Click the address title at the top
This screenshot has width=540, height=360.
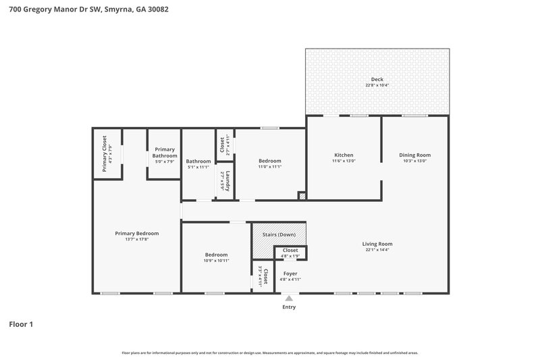84,9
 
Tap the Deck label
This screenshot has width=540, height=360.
377,80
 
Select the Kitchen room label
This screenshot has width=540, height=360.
343,155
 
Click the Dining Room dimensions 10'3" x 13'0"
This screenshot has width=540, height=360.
414,161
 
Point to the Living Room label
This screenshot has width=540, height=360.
377,244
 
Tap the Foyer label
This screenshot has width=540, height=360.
290,274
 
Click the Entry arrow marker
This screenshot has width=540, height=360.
290,297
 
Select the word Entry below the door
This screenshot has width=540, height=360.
290,307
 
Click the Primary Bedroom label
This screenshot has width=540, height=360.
136,233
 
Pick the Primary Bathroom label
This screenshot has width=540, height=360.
165,153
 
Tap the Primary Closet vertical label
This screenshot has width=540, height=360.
105,154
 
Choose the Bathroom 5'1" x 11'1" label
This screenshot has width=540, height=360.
198,163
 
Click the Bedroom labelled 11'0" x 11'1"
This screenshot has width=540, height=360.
270,163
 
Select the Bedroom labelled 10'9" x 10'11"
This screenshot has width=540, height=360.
216,257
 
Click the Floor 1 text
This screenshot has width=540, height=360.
21,324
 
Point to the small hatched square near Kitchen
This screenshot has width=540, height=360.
302,196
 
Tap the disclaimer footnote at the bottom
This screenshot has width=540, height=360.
269,353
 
